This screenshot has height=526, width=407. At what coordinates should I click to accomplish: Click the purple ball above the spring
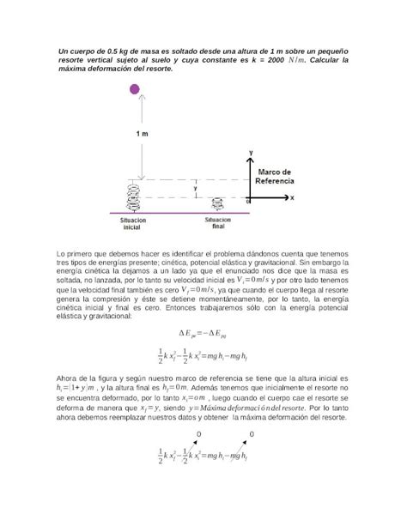coord(135,89)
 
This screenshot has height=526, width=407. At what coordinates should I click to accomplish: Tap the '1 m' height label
coord(142,135)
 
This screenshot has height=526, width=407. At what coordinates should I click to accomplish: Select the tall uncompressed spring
coord(136,196)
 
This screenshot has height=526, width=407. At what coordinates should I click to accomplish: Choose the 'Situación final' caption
coord(218,222)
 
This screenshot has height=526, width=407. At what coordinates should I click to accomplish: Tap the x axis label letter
coord(291,197)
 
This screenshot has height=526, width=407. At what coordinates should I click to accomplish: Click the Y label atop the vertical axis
coord(250,152)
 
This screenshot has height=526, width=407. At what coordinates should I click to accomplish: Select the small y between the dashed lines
coord(196,187)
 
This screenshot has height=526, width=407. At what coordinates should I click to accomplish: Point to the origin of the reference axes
coord(251,197)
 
